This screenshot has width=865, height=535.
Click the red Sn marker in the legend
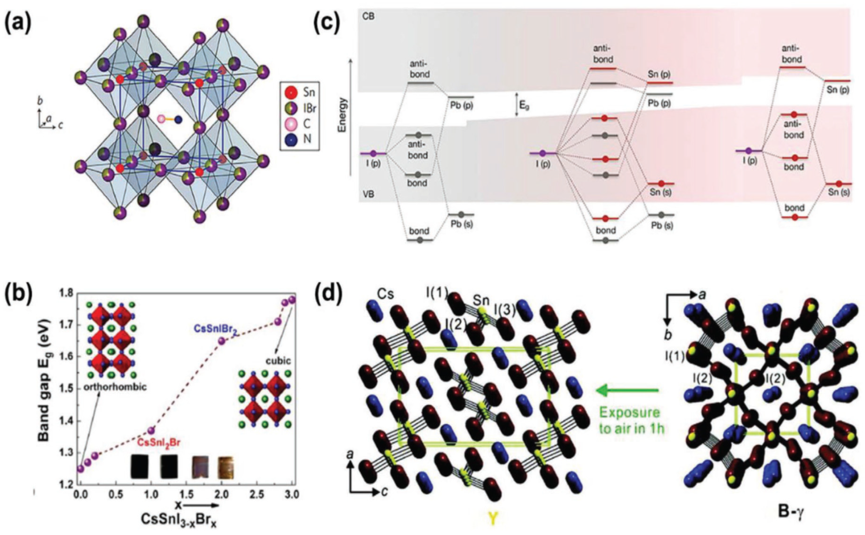[290, 93]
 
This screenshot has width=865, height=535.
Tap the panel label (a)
[18, 24]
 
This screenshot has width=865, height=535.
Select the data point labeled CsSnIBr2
[222, 341]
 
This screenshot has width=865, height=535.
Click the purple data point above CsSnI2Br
[151, 430]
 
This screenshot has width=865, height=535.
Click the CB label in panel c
[369, 17]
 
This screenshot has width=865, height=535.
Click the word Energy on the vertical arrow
[342, 115]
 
